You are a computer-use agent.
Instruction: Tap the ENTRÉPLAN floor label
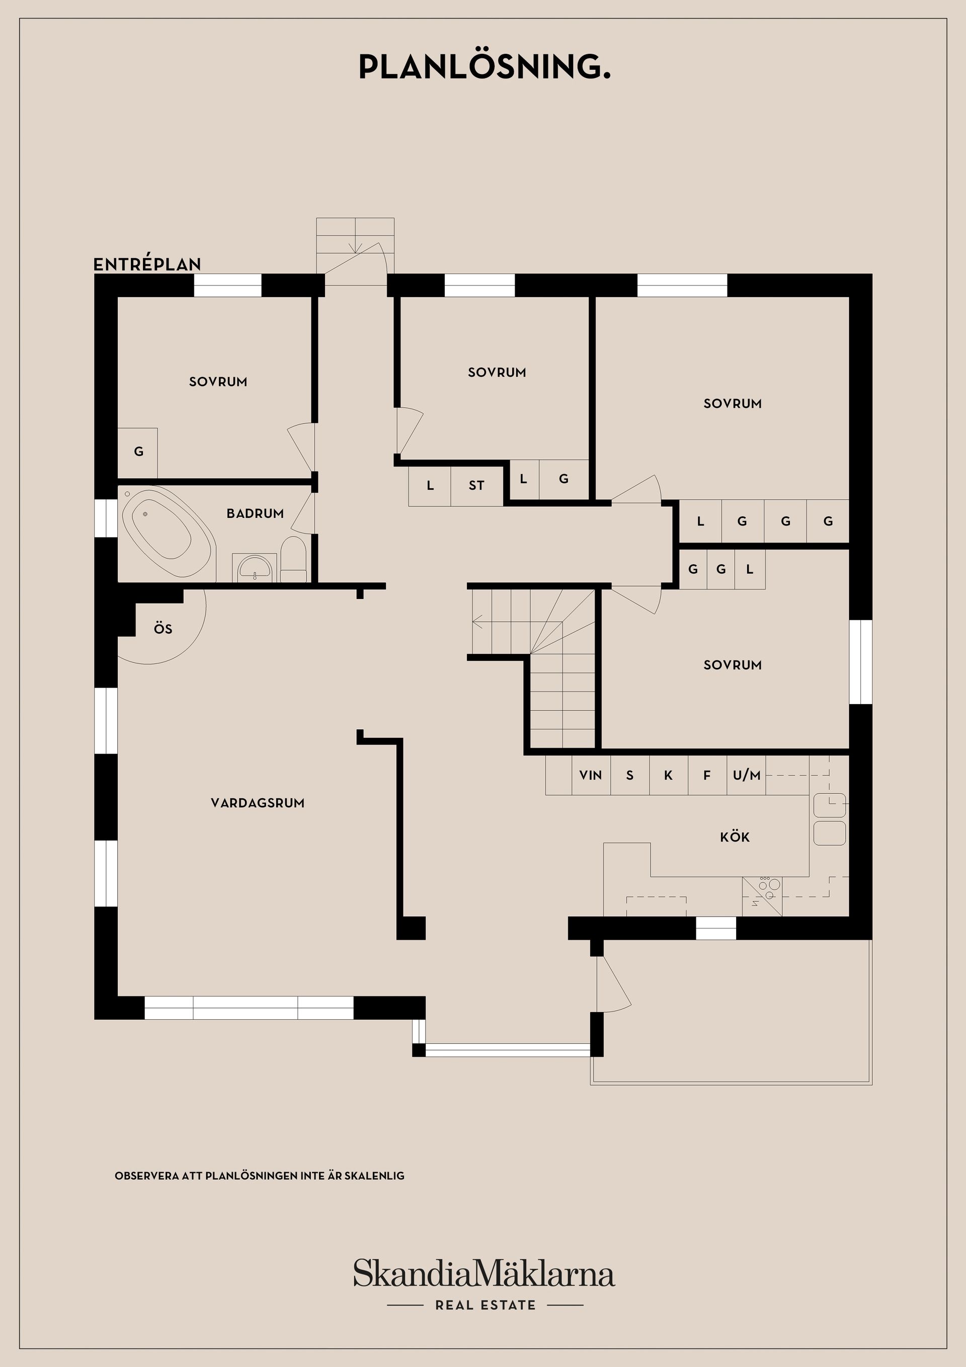(147, 264)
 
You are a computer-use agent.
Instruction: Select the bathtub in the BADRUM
(166, 531)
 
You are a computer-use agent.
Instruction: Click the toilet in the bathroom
(293, 560)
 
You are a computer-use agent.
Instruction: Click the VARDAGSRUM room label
(257, 803)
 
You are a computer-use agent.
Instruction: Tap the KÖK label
(735, 837)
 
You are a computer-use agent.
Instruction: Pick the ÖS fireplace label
(163, 629)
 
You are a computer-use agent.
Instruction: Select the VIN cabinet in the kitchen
(591, 775)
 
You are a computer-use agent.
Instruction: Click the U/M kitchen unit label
(746, 775)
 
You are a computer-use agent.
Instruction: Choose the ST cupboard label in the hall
(476, 486)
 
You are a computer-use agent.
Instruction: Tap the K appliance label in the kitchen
(668, 775)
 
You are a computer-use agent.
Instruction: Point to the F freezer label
(707, 775)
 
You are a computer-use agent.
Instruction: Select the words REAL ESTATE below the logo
(485, 1305)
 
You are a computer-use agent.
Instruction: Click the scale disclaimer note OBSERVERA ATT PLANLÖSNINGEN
(259, 1176)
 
